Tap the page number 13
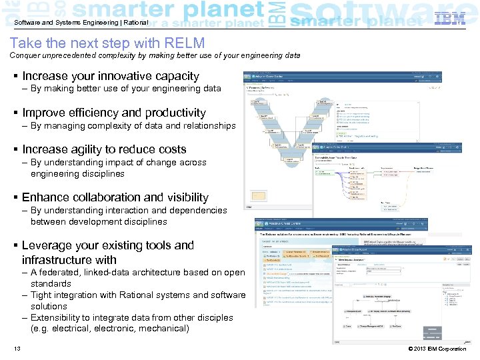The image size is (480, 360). (17, 349)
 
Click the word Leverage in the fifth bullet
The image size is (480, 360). (48, 245)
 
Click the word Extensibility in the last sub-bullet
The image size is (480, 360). (59, 317)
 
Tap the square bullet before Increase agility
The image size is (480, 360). (15, 150)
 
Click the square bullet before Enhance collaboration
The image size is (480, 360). (15, 198)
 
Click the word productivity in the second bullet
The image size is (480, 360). (173, 113)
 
